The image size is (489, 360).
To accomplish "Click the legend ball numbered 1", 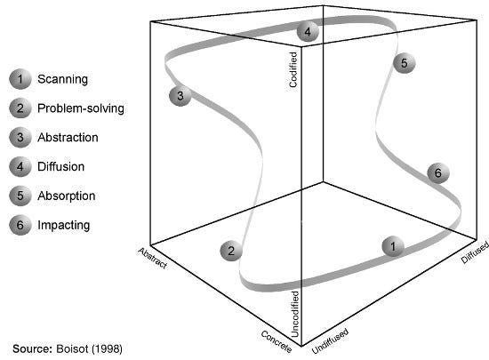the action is pyautogui.click(x=20, y=79).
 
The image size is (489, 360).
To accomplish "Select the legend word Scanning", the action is pyautogui.click(x=62, y=79).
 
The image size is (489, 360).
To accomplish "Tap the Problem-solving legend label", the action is pyautogui.click(x=81, y=108).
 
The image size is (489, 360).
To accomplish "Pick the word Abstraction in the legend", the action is pyautogui.click(x=68, y=138).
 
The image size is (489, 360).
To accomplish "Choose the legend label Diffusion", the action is pyautogui.click(x=60, y=166).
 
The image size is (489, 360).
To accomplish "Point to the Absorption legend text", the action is pyautogui.click(x=67, y=196).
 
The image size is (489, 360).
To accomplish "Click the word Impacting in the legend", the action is pyautogui.click(x=64, y=225).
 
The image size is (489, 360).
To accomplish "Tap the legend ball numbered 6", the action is pyautogui.click(x=20, y=225).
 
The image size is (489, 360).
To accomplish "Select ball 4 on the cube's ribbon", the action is pyautogui.click(x=308, y=31).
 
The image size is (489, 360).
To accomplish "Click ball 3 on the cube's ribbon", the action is pyautogui.click(x=180, y=96).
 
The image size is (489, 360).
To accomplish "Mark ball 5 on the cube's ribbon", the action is pyautogui.click(x=405, y=63).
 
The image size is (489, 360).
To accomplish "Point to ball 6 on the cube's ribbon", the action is pyautogui.click(x=438, y=172).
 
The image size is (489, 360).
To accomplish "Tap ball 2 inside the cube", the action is pyautogui.click(x=231, y=251).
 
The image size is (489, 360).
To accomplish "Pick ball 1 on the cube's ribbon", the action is pyautogui.click(x=393, y=246).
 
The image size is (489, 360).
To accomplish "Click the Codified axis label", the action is pyautogui.click(x=293, y=69).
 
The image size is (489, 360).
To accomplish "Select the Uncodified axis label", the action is pyautogui.click(x=295, y=314).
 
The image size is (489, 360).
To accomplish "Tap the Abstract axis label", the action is pyautogui.click(x=153, y=258).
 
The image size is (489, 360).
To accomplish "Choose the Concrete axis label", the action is pyautogui.click(x=277, y=341).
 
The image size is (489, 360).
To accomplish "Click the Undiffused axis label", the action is pyautogui.click(x=330, y=341).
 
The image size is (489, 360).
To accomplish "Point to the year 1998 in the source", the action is pyautogui.click(x=107, y=348).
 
